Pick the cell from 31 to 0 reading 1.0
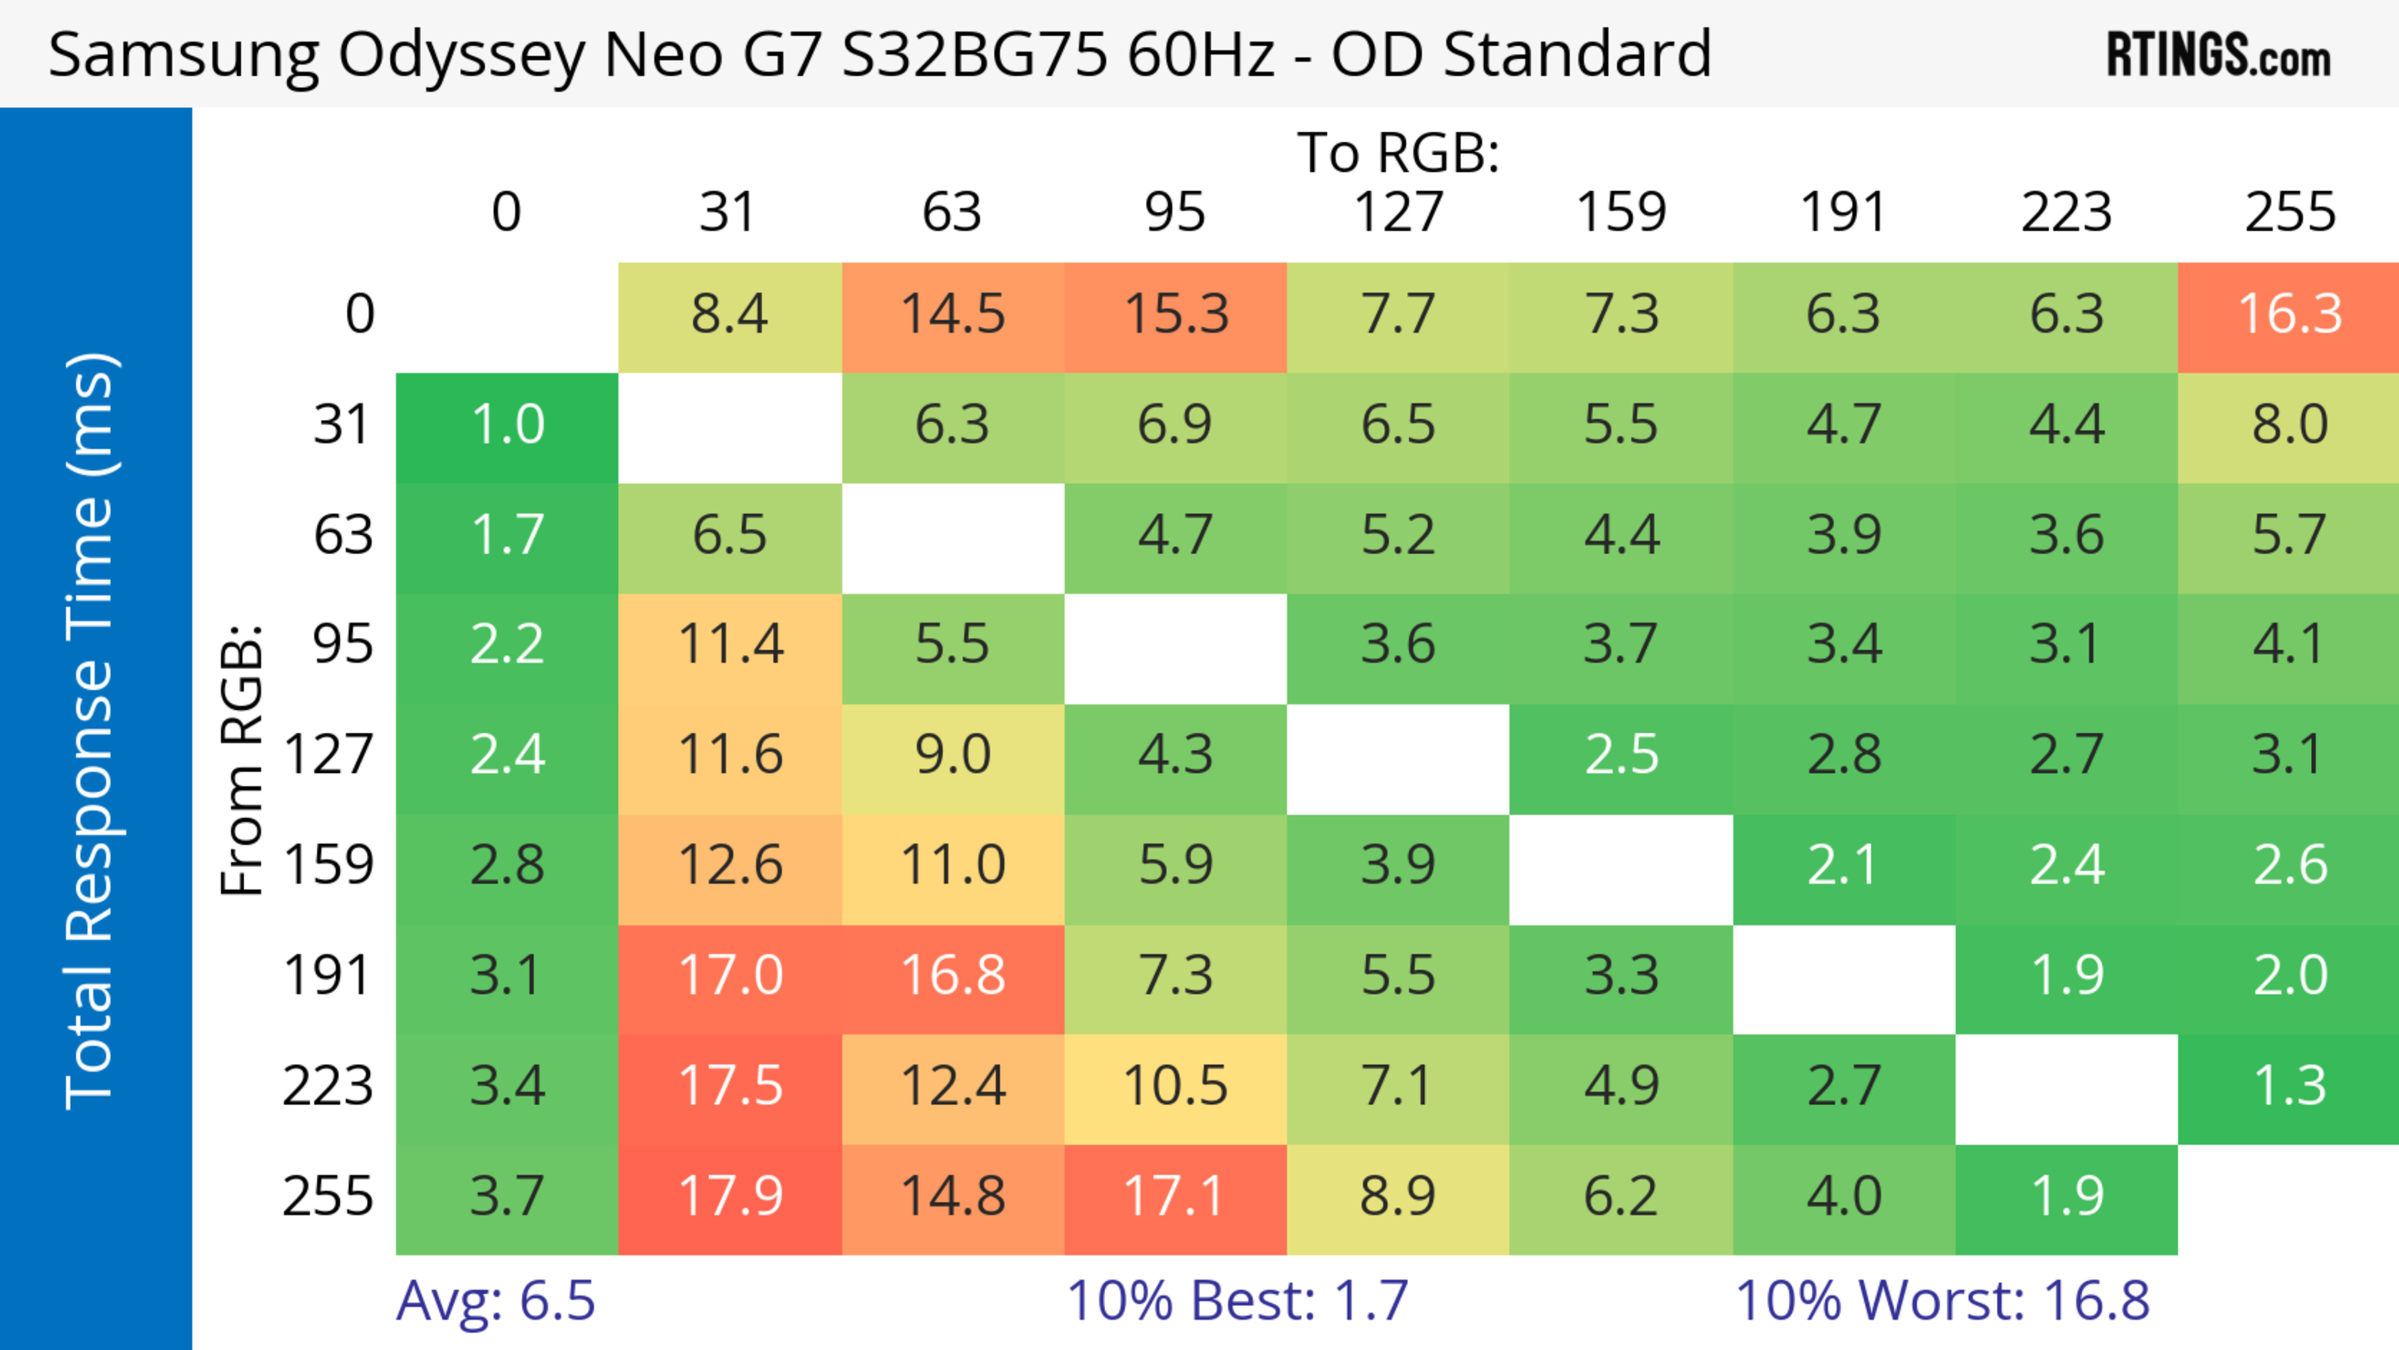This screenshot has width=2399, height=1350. tap(507, 425)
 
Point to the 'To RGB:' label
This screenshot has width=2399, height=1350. tap(1398, 152)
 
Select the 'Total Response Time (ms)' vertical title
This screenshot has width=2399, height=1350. tap(91, 731)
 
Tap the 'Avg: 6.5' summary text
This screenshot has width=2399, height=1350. tap(495, 1301)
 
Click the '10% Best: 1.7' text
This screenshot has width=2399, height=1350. tap(1237, 1301)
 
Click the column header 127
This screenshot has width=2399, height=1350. tap(1398, 212)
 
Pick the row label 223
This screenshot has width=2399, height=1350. tap(328, 1086)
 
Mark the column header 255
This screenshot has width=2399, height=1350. tap(2289, 212)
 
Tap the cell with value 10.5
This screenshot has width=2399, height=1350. tap(1175, 1086)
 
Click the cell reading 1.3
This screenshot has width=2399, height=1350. tap(2289, 1086)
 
